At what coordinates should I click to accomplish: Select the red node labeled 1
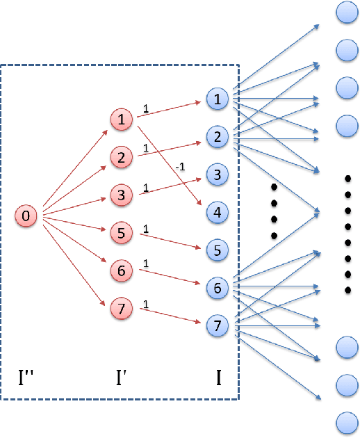coord(121,120)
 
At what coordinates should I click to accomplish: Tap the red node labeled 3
coord(121,195)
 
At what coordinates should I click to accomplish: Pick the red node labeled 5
coord(121,234)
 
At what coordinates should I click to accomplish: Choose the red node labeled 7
coord(121,309)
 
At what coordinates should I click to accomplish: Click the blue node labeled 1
coord(218,100)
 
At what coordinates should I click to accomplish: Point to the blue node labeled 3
coord(218,175)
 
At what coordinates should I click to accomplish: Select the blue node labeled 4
coord(218,213)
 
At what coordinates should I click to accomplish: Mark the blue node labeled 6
coord(218,288)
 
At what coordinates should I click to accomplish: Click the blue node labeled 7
coord(218,325)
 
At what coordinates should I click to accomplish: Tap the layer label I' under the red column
coord(121,378)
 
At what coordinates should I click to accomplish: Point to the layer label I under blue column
coord(218,378)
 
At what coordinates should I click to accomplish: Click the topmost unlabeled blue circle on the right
coord(346,13)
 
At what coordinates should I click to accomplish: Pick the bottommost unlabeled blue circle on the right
coord(346,422)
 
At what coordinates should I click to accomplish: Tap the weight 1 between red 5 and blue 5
coord(146,229)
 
